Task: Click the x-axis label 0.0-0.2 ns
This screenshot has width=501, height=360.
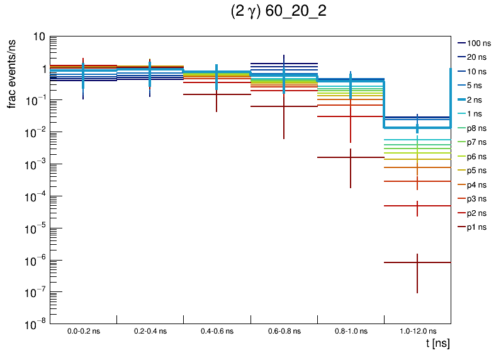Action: (x=83, y=331)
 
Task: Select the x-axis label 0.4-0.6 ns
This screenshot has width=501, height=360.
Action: (x=217, y=331)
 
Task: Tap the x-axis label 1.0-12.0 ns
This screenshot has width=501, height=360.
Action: (x=417, y=331)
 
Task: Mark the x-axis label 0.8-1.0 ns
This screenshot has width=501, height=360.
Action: (x=350, y=331)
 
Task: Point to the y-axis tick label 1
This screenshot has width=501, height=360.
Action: (x=42, y=69)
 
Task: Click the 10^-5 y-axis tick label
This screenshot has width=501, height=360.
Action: (x=34, y=228)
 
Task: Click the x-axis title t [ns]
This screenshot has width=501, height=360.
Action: (x=437, y=344)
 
